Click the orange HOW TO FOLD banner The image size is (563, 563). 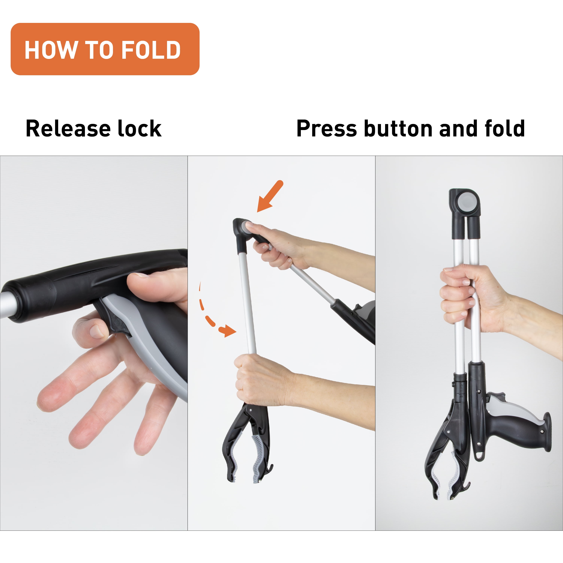105,49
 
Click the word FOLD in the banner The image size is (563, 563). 151,50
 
